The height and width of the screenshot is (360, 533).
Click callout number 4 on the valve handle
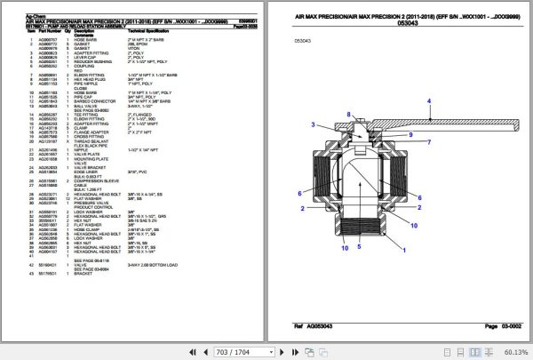[x=429, y=102]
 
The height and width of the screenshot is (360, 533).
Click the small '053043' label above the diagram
[x=304, y=41]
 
